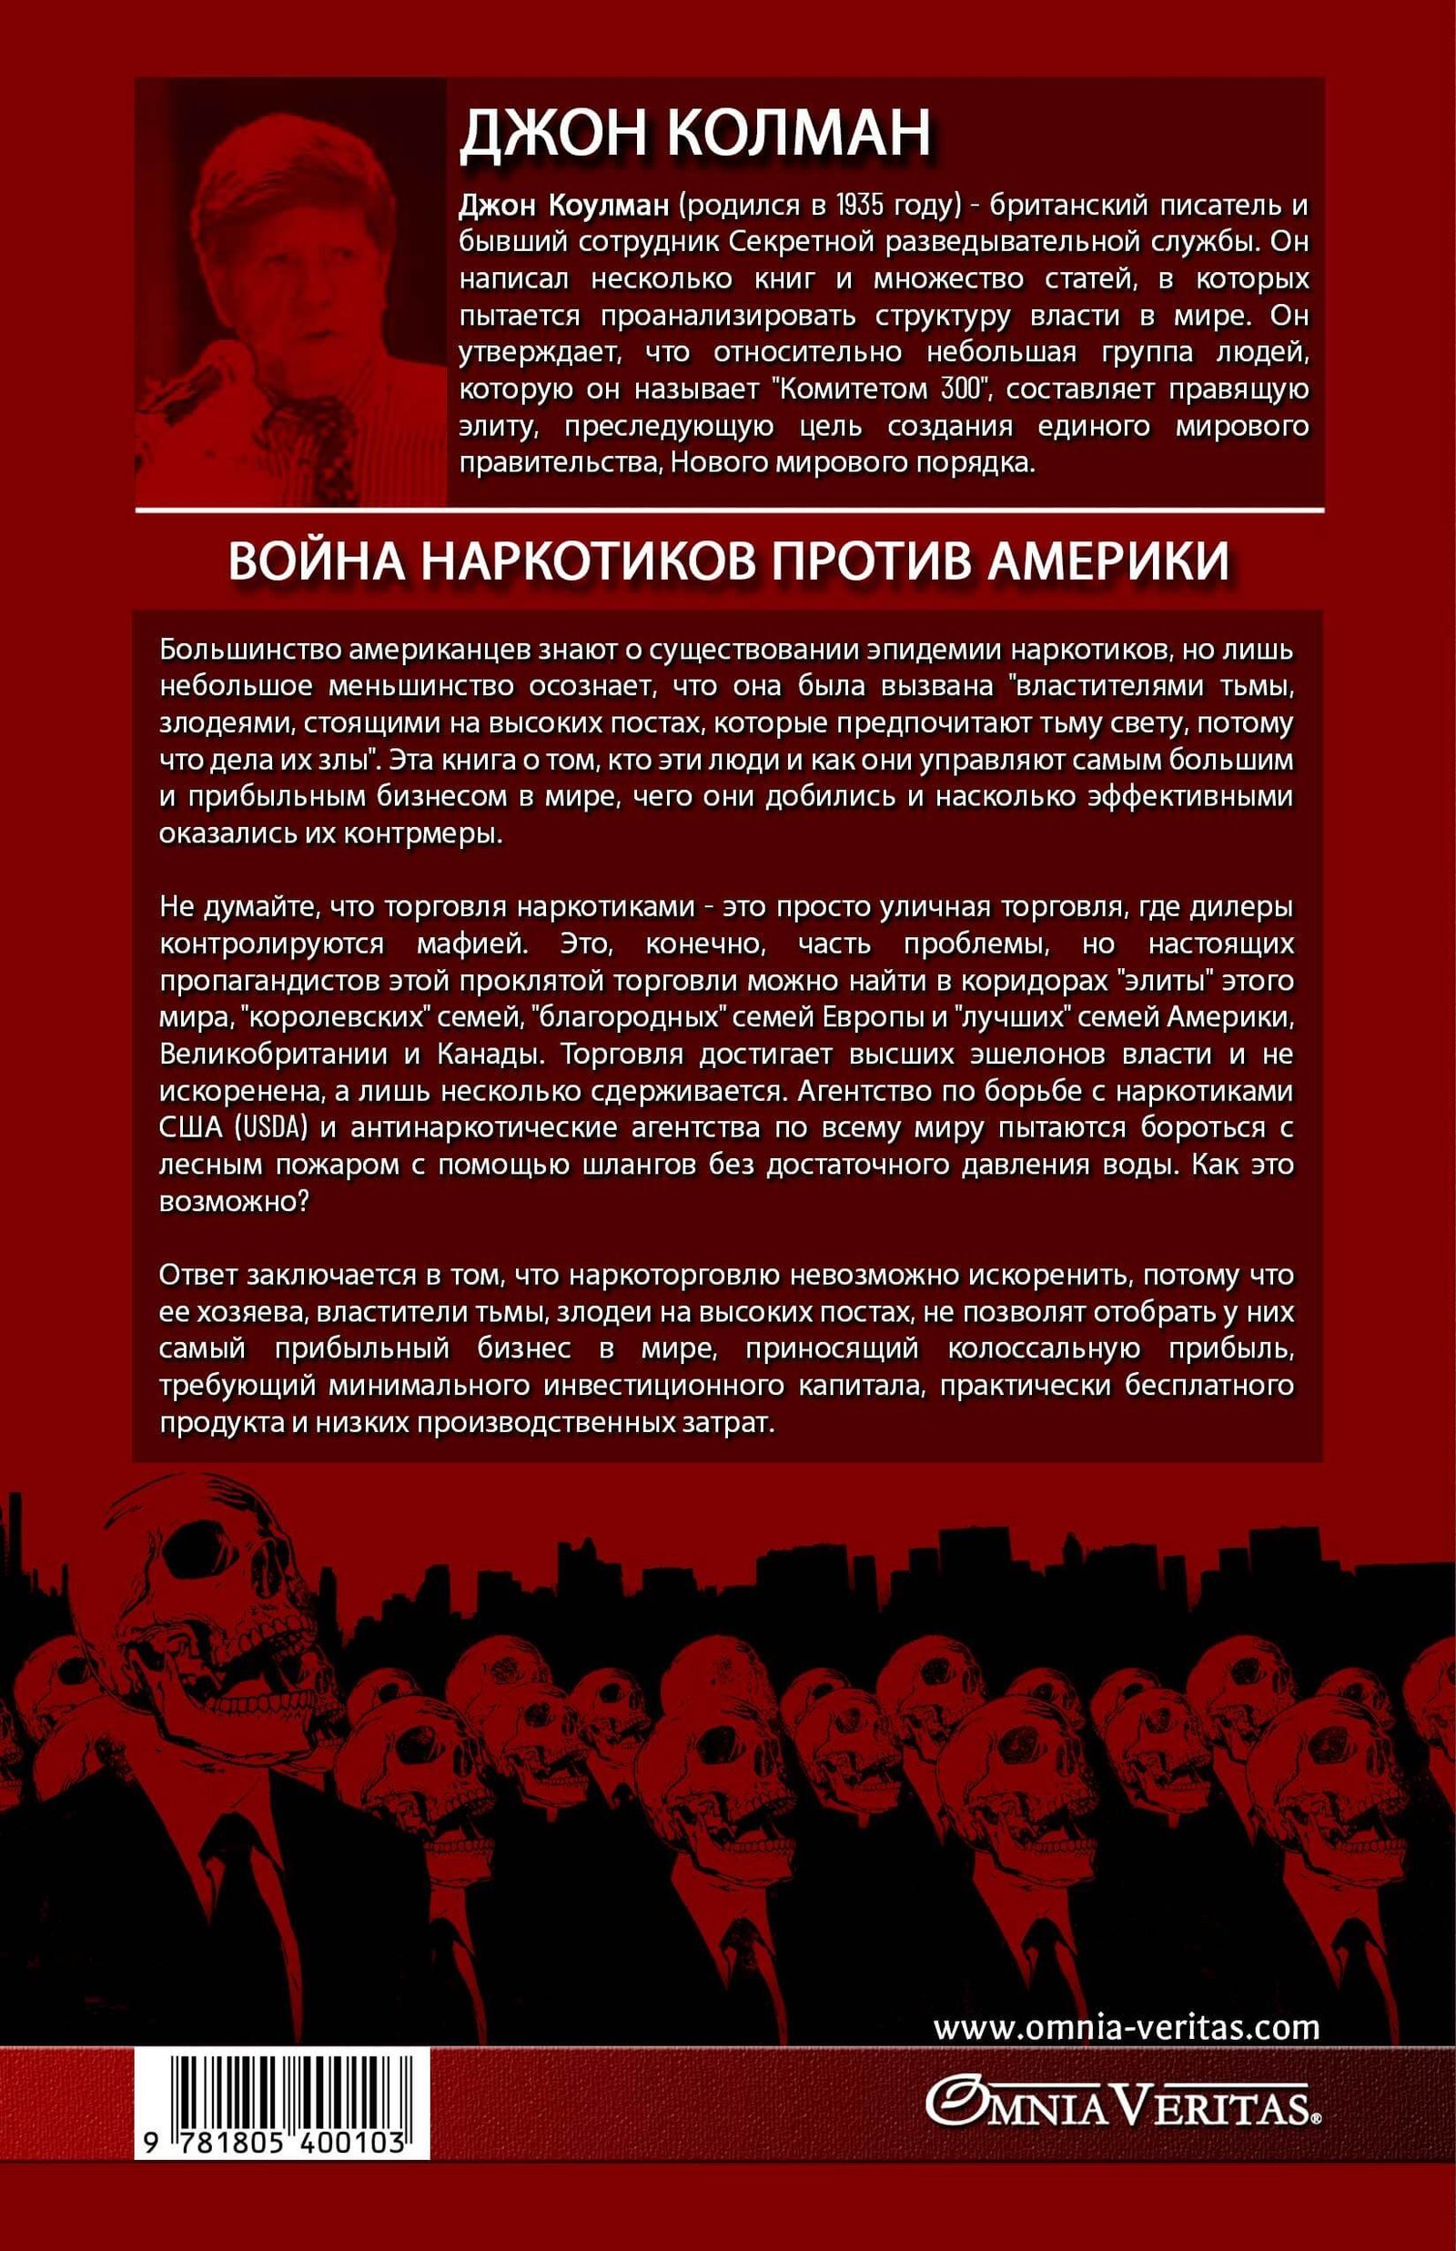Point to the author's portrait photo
[291, 293]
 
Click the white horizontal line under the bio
[728, 510]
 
